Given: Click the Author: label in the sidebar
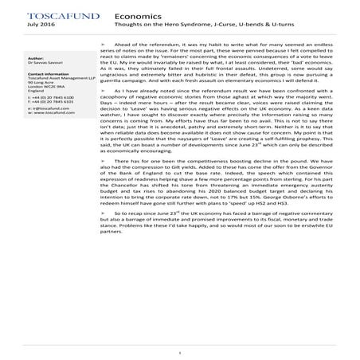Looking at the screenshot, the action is click(36, 58).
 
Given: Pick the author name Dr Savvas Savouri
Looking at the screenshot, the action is click(45, 63).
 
